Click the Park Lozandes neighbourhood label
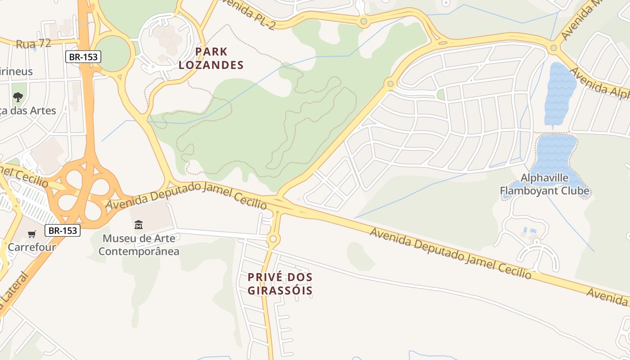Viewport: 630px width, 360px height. click(211, 58)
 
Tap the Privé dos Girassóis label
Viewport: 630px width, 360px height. click(280, 283)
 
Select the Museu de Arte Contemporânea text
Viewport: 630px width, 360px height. click(139, 245)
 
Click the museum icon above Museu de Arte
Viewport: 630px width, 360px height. click(139, 225)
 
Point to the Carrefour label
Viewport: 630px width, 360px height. click(31, 247)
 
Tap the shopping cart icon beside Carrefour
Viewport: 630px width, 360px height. click(32, 234)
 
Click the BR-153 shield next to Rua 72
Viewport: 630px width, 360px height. click(83, 57)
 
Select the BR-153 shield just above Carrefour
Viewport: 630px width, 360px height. click(63, 230)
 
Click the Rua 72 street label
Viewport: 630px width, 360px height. click(33, 44)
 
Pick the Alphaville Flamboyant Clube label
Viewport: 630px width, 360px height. click(544, 184)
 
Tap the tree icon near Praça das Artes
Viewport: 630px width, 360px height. click(18, 97)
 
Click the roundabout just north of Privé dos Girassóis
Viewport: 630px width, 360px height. click(273, 238)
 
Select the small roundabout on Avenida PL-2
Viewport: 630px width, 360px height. click(363, 21)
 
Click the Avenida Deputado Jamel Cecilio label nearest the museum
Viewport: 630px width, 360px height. click(186, 196)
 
